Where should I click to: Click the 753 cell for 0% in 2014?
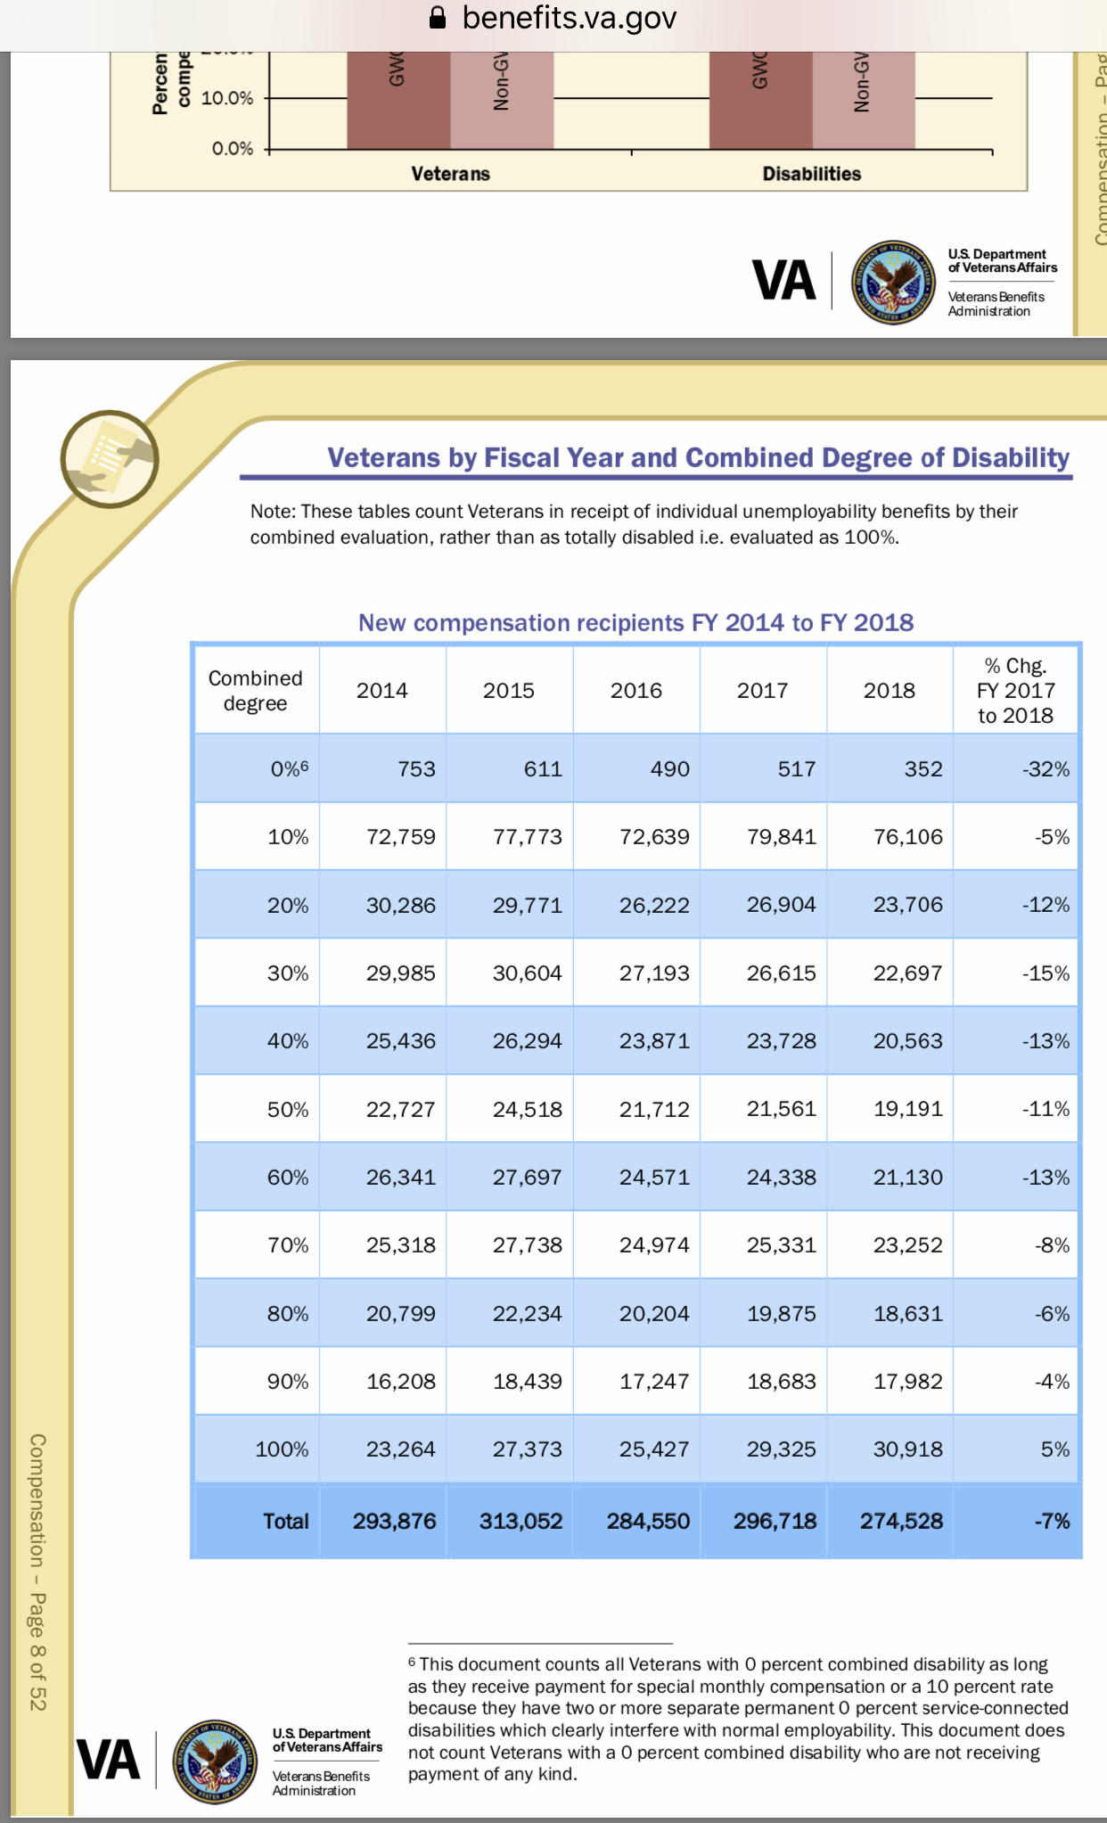click(x=416, y=769)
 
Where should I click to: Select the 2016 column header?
click(x=635, y=691)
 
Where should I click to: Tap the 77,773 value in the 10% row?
click(x=527, y=837)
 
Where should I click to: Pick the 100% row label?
click(x=282, y=1449)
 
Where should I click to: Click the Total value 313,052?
click(x=521, y=1522)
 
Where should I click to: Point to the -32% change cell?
click(x=1045, y=769)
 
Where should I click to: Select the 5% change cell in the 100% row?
click(x=1054, y=1449)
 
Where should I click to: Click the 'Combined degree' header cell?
click(x=256, y=691)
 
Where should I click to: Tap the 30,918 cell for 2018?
click(x=907, y=1449)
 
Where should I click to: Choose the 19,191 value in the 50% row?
click(x=907, y=1109)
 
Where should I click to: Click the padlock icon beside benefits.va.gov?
click(x=438, y=18)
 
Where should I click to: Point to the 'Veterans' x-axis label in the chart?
click(x=450, y=174)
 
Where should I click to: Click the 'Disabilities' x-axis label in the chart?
click(x=811, y=174)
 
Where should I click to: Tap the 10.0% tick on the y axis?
click(x=227, y=98)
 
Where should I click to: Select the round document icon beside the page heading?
click(x=109, y=459)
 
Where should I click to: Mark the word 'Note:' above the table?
click(x=273, y=512)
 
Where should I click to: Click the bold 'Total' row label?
click(x=285, y=1522)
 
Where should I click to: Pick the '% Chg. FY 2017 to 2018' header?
click(x=1015, y=691)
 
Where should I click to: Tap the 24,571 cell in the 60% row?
click(x=654, y=1178)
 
